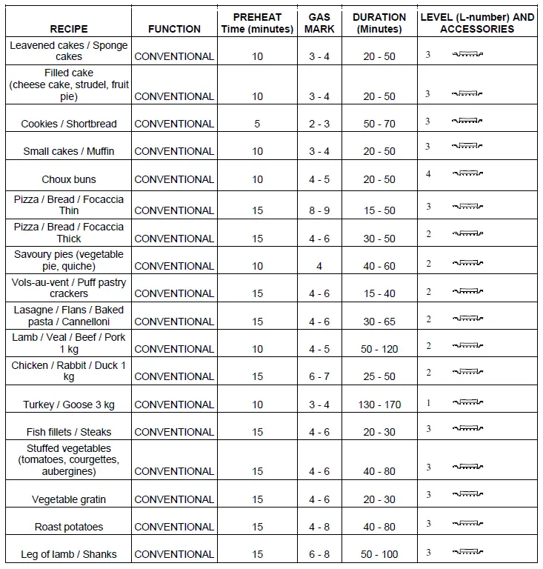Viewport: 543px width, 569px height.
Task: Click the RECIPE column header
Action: coord(69,29)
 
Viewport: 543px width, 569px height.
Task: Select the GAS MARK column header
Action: coord(319,23)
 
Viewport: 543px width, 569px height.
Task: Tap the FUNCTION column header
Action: coord(174,29)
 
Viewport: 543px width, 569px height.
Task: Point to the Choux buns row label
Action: coord(69,179)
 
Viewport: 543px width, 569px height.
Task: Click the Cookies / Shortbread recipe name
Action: coord(69,124)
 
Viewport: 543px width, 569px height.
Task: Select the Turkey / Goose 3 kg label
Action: coord(69,405)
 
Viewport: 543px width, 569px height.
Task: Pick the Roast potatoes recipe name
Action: coord(69,527)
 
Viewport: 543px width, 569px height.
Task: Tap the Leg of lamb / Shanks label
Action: coord(69,554)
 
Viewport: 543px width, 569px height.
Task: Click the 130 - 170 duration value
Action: coord(379,405)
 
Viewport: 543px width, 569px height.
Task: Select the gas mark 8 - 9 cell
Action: coord(319,210)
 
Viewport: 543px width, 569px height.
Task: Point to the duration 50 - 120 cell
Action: coord(379,349)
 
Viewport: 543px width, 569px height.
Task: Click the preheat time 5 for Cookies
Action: coord(257,124)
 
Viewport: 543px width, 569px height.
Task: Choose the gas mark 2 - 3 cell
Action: coord(319,124)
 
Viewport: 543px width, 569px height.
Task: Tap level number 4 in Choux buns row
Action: coord(428,174)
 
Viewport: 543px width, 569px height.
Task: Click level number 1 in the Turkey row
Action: coord(428,403)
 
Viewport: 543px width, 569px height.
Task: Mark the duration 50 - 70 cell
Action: coord(379,124)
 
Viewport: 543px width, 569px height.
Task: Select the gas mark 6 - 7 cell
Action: coord(319,376)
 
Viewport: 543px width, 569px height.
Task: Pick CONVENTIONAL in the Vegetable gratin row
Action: coord(174,499)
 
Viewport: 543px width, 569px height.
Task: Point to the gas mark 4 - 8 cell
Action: coord(319,527)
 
